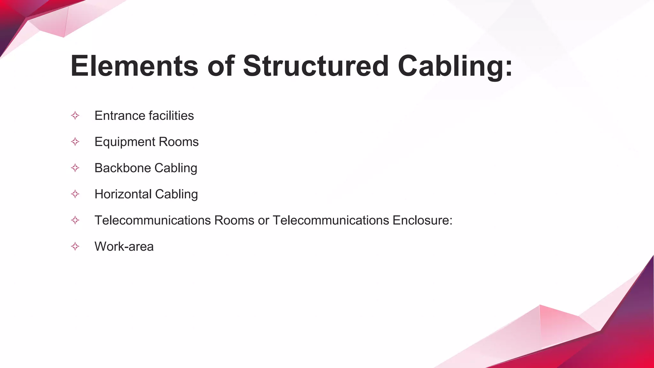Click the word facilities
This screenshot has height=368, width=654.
tap(171, 116)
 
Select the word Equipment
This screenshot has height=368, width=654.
tap(125, 142)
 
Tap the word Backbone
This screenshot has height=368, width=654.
tap(123, 168)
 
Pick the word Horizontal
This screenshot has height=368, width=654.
tap(123, 194)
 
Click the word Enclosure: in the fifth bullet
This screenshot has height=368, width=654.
tap(422, 220)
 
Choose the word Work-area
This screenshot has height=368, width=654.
tap(124, 247)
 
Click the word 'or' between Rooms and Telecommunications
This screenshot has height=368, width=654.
tap(263, 220)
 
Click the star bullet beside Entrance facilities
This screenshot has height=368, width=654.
tap(75, 116)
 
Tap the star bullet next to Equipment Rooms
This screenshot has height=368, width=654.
tap(75, 142)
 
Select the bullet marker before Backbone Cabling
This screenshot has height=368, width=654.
tap(75, 168)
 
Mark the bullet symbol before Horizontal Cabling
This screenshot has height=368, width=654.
tap(75, 194)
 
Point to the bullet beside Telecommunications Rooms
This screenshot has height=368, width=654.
tap(75, 220)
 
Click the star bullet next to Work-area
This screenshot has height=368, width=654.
tap(75, 247)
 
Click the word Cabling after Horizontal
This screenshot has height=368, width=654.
tap(176, 194)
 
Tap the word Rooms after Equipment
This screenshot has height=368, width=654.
tap(179, 142)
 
